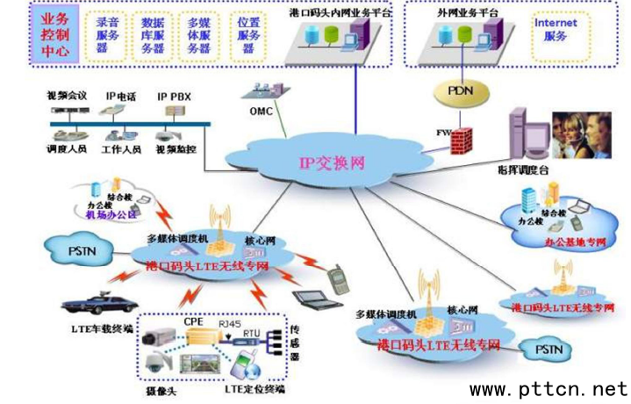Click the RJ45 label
[x=230, y=324]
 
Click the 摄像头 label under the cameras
[x=158, y=387]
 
